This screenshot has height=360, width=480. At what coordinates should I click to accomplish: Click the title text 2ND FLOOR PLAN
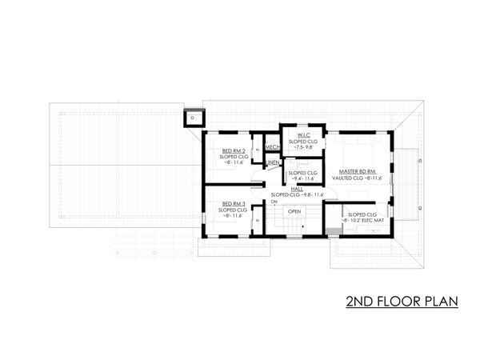point(401,302)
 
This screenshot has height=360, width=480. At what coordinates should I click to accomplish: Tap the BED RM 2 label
point(233,150)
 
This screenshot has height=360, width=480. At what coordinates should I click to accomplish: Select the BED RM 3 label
point(233,204)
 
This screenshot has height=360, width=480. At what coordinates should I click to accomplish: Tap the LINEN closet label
point(272,162)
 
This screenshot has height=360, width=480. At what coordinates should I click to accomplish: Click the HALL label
point(298,189)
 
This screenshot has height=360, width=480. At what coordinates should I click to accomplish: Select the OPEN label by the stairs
point(294,211)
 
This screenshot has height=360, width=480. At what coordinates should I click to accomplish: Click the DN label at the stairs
point(274,203)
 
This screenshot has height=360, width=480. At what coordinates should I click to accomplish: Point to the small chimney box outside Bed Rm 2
point(193,119)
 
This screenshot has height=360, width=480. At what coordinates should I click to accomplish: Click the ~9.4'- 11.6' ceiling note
point(302,179)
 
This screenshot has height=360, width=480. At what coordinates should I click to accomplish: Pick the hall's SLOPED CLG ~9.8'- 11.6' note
point(298,195)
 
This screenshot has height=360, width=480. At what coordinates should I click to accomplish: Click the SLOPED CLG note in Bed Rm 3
point(233,210)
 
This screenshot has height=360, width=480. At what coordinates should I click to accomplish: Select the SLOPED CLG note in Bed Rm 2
point(233,157)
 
